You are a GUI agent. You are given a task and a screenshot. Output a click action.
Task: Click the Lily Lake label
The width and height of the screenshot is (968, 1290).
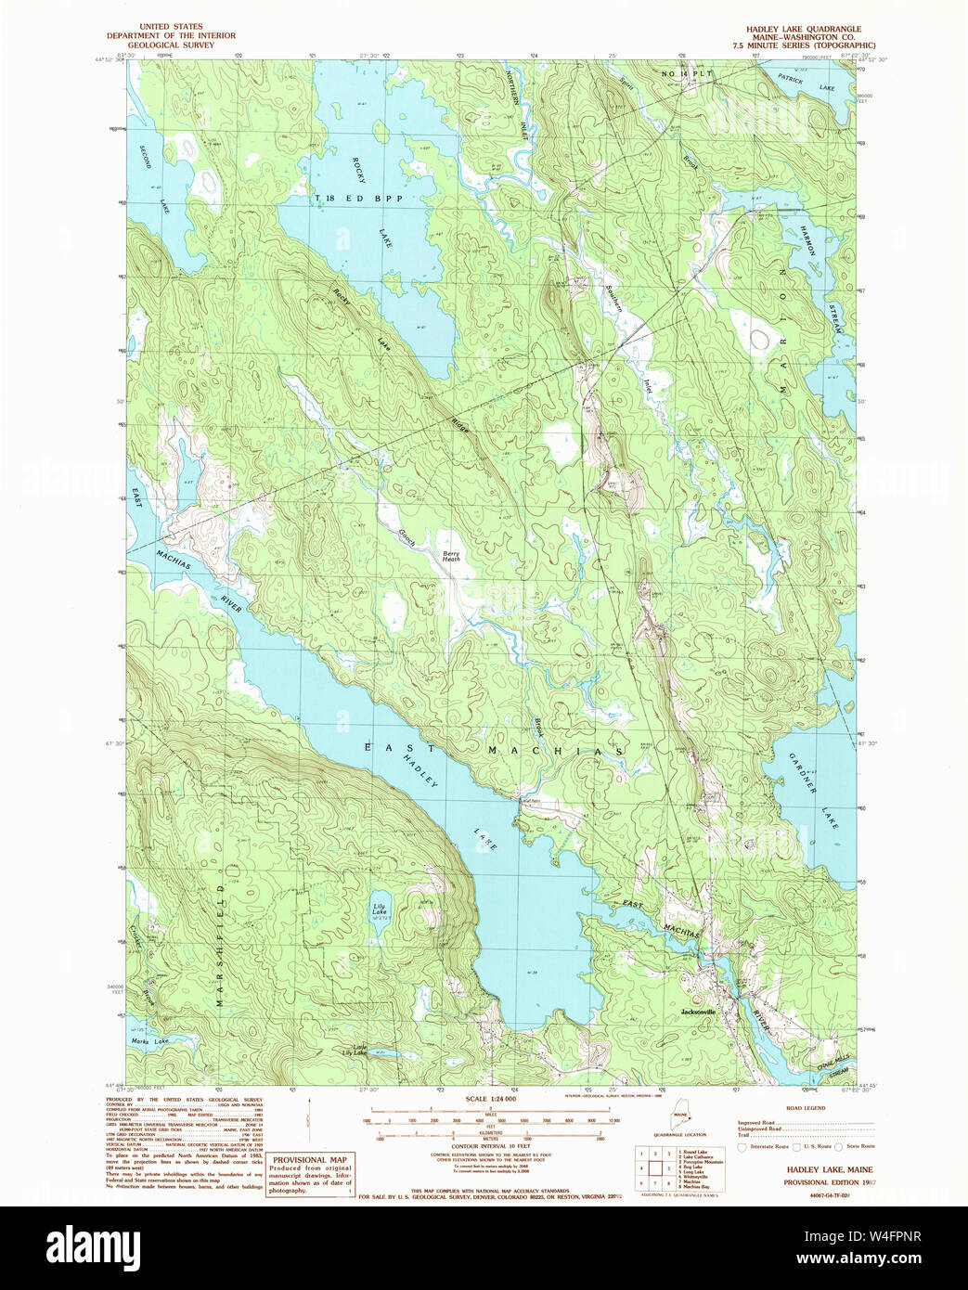point(380,909)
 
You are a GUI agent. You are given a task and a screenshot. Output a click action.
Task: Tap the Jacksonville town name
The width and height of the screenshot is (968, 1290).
point(698,1011)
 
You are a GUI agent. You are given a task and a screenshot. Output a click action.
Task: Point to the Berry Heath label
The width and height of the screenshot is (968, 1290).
point(450,556)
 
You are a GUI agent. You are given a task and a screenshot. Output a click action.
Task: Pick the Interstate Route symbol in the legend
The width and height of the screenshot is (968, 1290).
point(742,1147)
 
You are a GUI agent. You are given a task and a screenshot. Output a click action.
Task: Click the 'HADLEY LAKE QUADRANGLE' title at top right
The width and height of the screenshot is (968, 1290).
point(804,29)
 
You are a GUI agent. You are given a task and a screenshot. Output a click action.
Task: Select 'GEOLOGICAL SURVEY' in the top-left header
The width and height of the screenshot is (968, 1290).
point(171,45)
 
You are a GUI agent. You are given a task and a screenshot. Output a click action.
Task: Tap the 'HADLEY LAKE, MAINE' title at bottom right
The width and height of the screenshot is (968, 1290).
point(830,1170)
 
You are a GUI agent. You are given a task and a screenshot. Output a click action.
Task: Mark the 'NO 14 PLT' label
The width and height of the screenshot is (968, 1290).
point(686,73)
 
